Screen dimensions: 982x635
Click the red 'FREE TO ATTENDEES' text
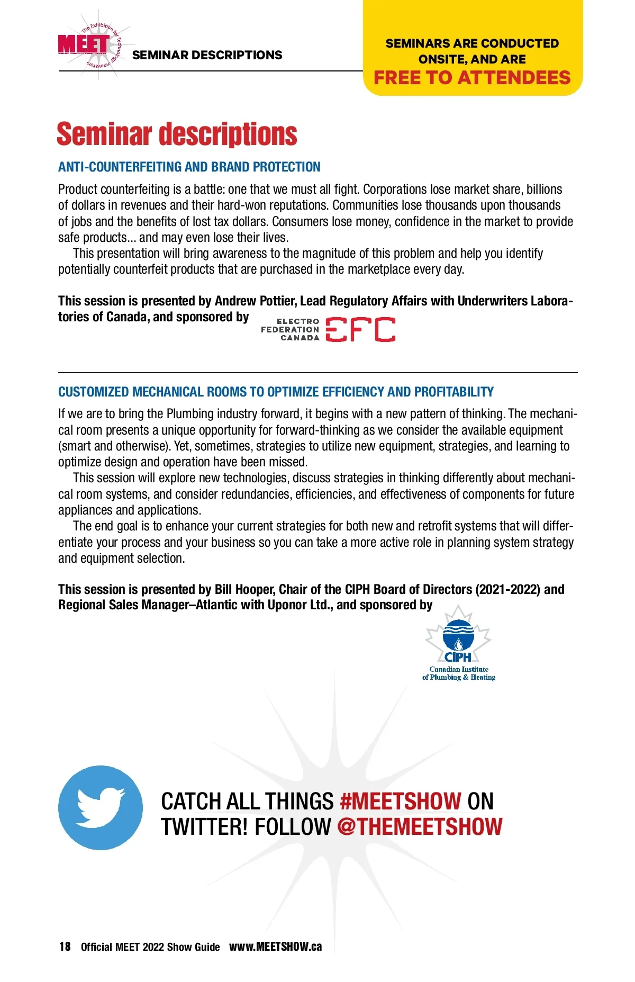coord(471,78)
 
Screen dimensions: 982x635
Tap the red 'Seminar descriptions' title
coord(177,134)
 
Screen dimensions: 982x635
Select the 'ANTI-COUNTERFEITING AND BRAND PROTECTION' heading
coord(189,167)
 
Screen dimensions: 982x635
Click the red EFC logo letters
coord(360,329)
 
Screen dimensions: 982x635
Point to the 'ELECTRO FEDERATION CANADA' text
coord(291,329)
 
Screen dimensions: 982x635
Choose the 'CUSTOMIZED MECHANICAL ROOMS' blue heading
coord(275,392)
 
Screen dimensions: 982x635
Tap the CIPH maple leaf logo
coord(458,635)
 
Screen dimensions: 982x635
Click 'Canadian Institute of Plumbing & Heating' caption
coord(459,673)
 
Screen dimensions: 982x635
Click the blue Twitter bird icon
coord(101,807)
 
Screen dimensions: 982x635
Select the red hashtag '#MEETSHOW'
coord(401,801)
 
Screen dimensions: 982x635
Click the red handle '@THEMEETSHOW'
coord(420,827)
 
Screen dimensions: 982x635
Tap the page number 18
coord(65,947)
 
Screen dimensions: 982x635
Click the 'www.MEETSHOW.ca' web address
coord(275,947)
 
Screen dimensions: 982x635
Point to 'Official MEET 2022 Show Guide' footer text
coord(150,947)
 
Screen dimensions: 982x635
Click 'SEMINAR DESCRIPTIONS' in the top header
coord(207,55)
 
